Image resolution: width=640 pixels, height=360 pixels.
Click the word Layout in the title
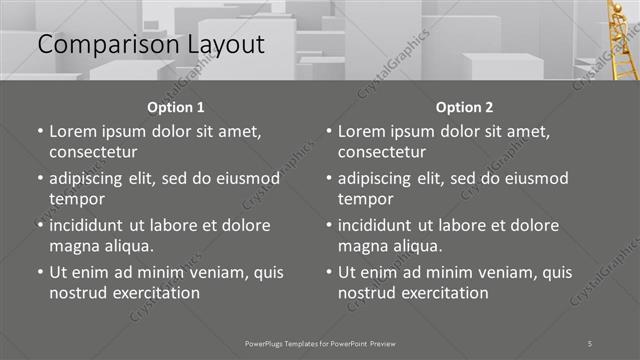tap(225, 45)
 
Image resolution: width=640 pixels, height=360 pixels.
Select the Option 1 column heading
tap(176, 107)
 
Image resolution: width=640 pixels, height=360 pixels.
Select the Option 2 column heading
tap(465, 107)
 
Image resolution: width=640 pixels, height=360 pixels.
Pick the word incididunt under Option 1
tap(93, 225)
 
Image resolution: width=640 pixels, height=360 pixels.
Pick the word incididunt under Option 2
tap(382, 225)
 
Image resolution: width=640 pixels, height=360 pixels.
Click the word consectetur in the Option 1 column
tap(93, 152)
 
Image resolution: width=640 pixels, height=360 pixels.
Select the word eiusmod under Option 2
tap(533, 178)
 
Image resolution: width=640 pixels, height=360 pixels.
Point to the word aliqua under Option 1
tap(127, 246)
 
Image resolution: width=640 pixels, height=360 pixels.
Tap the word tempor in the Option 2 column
tap(364, 199)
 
